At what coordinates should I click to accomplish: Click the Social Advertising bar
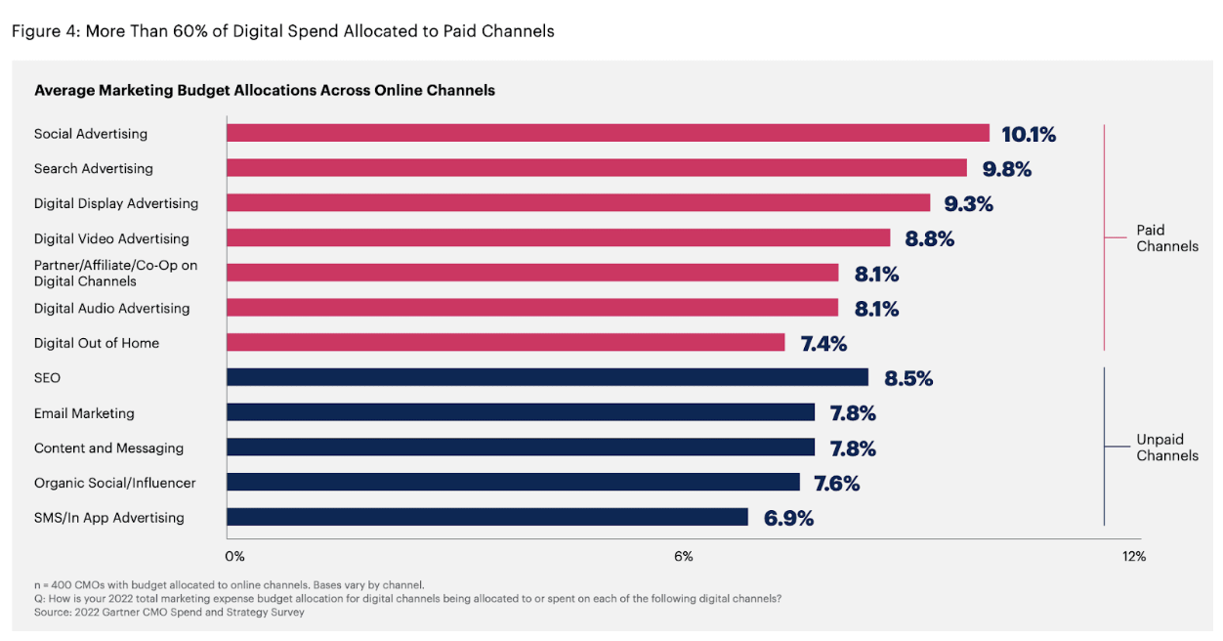click(x=609, y=133)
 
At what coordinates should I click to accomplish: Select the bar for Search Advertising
click(x=597, y=168)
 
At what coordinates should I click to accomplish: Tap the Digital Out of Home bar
click(x=506, y=343)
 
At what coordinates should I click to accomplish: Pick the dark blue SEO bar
click(x=548, y=377)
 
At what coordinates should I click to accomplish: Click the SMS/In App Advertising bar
click(x=487, y=517)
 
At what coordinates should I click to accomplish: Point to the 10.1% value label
click(x=1029, y=134)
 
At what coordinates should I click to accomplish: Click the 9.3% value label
click(x=969, y=204)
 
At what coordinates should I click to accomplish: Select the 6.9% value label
click(x=788, y=518)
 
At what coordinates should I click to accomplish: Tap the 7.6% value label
click(x=836, y=484)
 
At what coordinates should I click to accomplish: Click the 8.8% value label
click(x=929, y=239)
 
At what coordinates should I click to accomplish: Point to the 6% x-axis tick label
click(x=684, y=556)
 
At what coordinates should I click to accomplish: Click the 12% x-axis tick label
click(x=1134, y=556)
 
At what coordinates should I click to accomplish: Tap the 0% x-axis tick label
click(x=234, y=556)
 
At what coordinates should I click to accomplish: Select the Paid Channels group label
click(x=1167, y=238)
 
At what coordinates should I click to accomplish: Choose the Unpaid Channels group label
click(x=1167, y=448)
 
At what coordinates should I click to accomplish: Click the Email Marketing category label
click(x=84, y=413)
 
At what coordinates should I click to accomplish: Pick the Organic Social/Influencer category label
click(x=114, y=484)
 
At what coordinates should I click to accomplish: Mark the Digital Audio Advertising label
click(x=112, y=309)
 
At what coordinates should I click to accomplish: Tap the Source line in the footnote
click(x=169, y=612)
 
